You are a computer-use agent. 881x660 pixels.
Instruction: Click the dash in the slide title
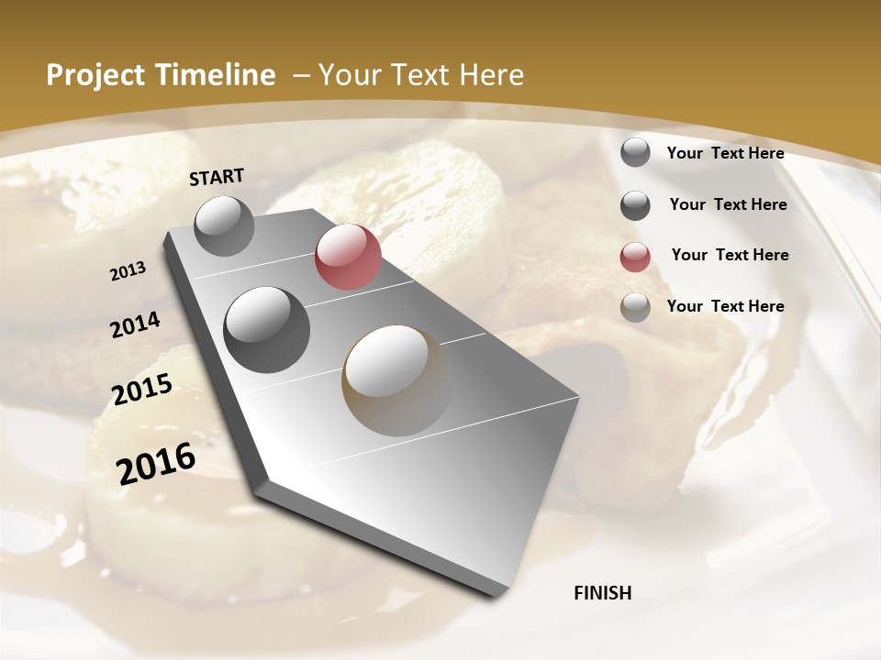[300, 75]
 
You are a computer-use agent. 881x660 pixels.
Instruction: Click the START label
[217, 177]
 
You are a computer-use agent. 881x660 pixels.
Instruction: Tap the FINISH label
[602, 593]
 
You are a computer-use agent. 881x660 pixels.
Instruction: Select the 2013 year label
[128, 271]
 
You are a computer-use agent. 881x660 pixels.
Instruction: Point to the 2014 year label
[136, 325]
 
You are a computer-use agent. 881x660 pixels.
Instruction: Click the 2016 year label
[156, 464]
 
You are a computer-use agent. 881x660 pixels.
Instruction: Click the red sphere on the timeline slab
[348, 257]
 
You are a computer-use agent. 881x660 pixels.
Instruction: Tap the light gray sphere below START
[225, 225]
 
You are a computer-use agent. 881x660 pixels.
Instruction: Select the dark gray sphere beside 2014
[266, 329]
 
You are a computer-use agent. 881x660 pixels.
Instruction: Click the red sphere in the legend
[635, 257]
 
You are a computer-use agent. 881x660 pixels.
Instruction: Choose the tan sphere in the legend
[635, 307]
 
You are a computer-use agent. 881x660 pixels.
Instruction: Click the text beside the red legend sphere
[730, 255]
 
